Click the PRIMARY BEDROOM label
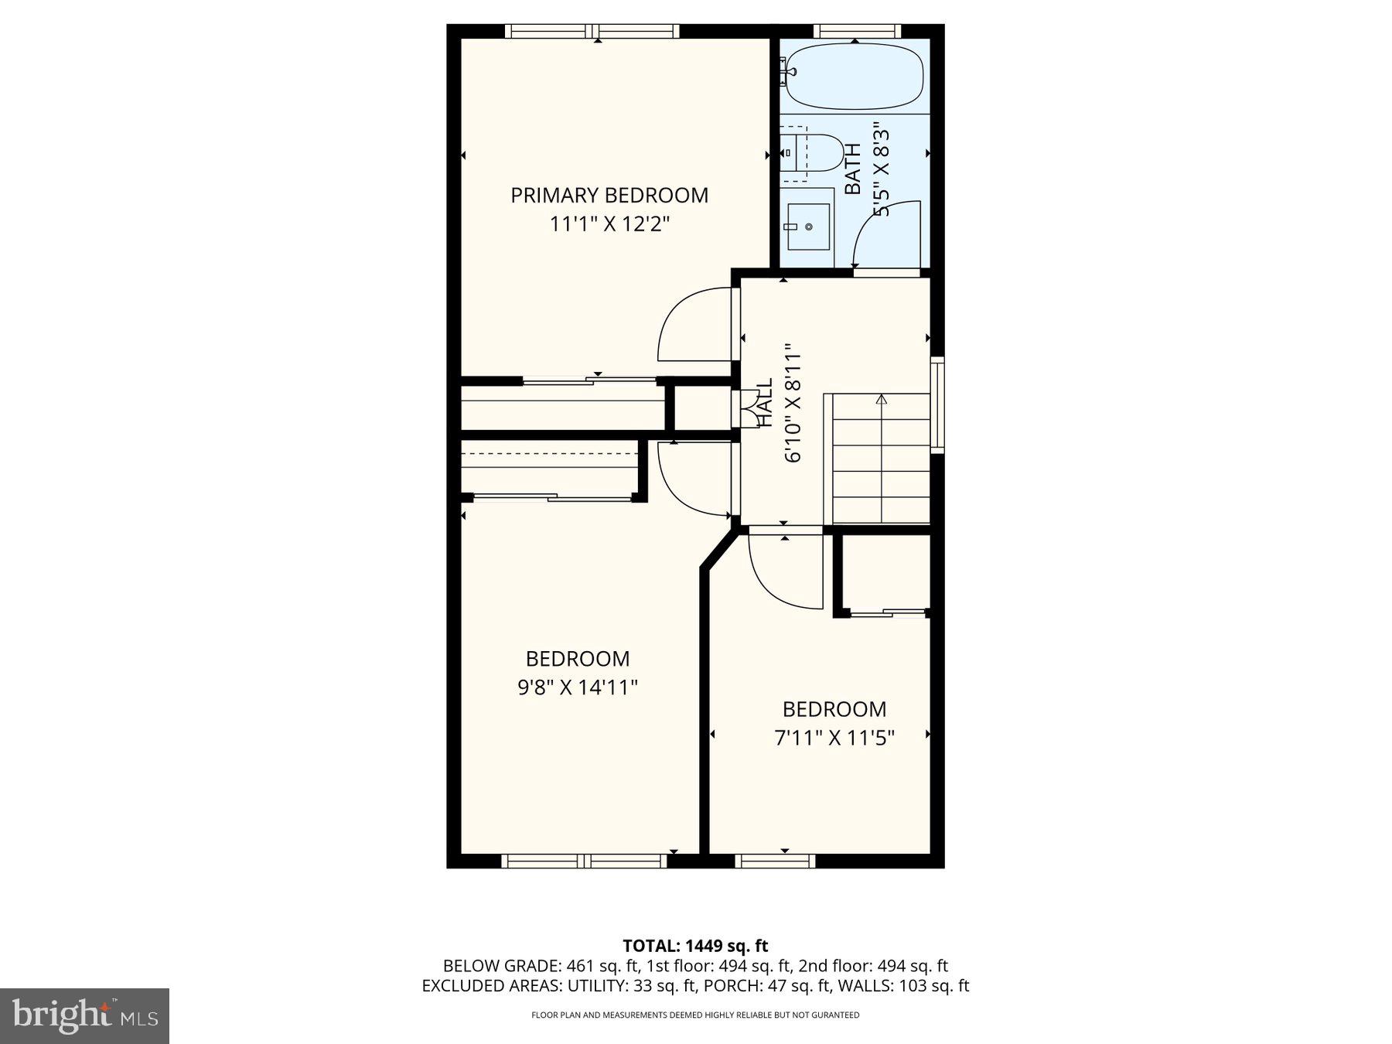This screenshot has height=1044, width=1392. coord(609,195)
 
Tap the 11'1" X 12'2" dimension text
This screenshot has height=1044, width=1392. coord(609,224)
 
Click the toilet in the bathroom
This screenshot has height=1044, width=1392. coord(812,153)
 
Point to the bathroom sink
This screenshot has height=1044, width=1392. coord(807,227)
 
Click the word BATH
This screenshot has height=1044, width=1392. coord(852,169)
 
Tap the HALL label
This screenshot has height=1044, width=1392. coord(764,402)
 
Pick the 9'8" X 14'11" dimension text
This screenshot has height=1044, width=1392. coord(577,687)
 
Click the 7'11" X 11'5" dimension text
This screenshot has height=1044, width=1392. coord(834,738)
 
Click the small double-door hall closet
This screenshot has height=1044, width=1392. coord(748,408)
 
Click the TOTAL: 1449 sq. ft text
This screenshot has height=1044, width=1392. coord(695,945)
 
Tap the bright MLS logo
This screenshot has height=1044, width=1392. coord(84,1015)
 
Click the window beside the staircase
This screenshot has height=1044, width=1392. coord(937,404)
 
